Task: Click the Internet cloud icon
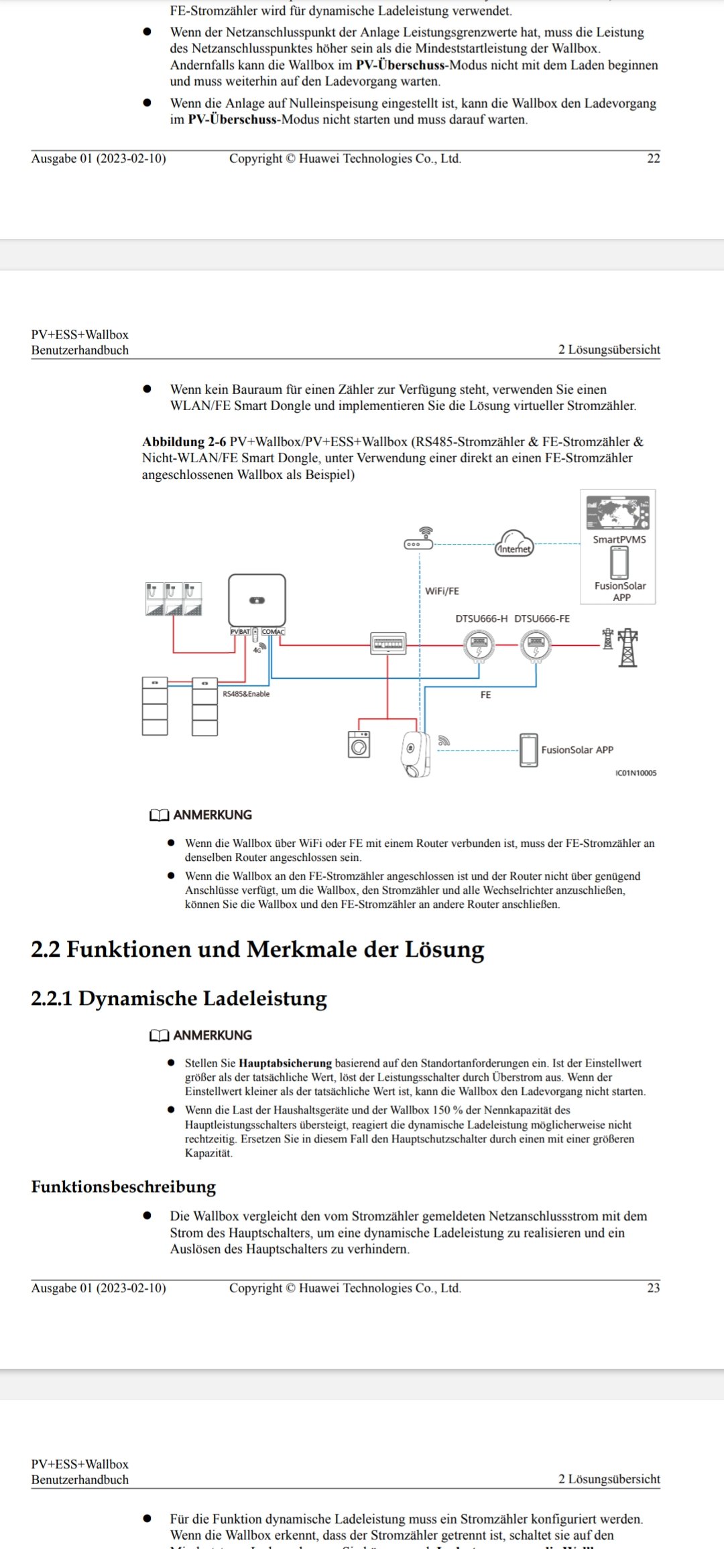(x=514, y=543)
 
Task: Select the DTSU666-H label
(x=481, y=618)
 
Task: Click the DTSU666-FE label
(x=542, y=618)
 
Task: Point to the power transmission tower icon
(x=627, y=647)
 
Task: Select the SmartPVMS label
(x=619, y=539)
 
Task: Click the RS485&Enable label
(x=246, y=694)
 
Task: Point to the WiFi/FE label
(x=442, y=591)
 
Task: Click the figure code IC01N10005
(x=636, y=773)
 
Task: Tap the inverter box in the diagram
(x=257, y=600)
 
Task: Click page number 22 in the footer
(x=654, y=159)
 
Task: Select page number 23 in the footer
(x=654, y=1288)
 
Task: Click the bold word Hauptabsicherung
(x=285, y=1063)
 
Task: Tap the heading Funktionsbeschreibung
(x=123, y=1187)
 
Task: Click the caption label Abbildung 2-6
(x=184, y=442)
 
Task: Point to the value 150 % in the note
(x=447, y=1110)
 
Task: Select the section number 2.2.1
(x=51, y=998)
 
